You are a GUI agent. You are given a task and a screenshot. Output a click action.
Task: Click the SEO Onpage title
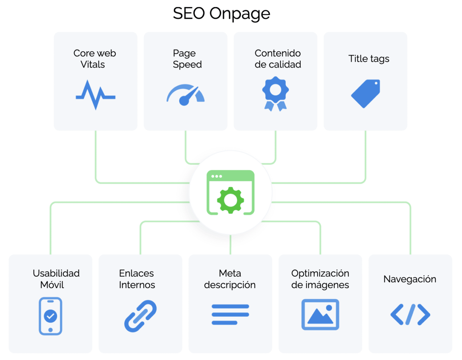tap(221, 14)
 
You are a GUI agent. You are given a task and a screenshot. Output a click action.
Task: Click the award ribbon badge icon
tap(275, 93)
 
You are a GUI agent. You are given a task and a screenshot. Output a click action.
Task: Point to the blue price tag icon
tap(365, 94)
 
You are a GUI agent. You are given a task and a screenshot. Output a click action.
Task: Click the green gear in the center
tap(230, 200)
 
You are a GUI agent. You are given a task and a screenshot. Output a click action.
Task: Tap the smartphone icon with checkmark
tap(51, 316)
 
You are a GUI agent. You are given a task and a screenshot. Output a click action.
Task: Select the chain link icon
tap(140, 316)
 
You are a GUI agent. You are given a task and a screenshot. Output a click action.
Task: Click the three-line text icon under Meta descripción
tap(230, 315)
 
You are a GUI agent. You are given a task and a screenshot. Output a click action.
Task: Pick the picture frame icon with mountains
tap(320, 315)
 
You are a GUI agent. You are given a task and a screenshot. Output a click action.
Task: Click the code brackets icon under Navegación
tap(410, 315)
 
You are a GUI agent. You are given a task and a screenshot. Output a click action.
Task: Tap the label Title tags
tap(369, 58)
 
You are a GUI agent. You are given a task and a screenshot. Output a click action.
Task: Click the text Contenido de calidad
tap(278, 59)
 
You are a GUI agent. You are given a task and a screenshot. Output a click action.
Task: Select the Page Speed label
tap(187, 59)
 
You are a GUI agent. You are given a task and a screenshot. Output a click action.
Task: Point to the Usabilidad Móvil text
tap(56, 279)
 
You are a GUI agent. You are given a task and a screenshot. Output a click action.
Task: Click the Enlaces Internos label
tap(137, 279)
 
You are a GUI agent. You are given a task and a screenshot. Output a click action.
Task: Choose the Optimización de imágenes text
tap(320, 279)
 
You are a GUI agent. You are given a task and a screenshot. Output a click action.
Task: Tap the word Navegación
tap(410, 279)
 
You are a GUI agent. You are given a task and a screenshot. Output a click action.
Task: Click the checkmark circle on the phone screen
tap(51, 316)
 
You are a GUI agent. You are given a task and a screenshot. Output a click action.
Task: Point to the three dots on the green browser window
tap(217, 177)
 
